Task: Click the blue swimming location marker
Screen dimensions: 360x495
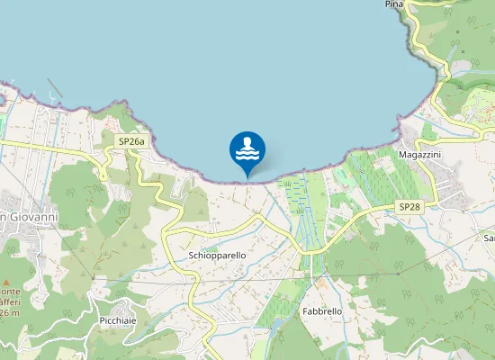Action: [247, 151]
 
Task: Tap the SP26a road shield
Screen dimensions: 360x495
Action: [131, 141]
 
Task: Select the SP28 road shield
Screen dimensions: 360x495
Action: [409, 207]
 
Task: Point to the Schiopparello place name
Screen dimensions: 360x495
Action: [218, 256]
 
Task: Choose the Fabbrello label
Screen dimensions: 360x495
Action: [322, 310]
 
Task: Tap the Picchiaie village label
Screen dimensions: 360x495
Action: [119, 321]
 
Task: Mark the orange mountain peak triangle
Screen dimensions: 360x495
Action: [5, 270]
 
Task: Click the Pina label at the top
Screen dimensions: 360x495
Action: [393, 4]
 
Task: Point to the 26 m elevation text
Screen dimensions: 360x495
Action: [9, 312]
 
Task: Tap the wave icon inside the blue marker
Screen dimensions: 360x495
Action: [247, 156]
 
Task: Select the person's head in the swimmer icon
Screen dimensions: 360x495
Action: [247, 141]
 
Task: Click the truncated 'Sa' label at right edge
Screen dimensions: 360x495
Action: [489, 238]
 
